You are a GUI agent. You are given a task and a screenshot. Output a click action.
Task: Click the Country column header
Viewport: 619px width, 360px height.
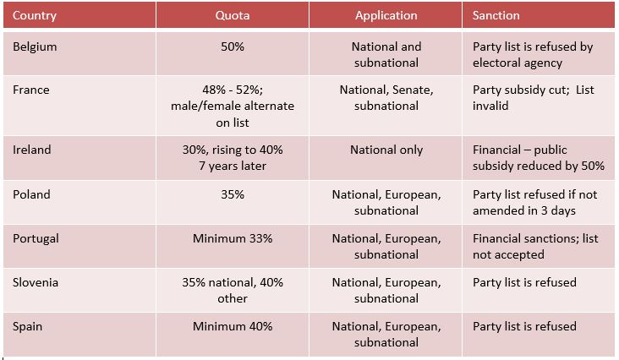(x=36, y=15)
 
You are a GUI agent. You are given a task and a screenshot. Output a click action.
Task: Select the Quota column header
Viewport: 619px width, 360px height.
(x=232, y=15)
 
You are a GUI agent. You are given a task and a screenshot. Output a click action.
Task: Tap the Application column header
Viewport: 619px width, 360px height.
(x=386, y=15)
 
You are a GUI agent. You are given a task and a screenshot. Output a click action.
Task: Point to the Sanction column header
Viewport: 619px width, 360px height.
(x=496, y=15)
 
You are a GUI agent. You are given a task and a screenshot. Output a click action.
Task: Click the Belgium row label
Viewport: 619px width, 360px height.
(x=33, y=46)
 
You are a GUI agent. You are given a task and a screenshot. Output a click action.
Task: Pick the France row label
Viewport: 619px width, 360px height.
(x=31, y=90)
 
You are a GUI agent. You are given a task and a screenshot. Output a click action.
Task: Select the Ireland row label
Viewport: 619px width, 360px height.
(x=32, y=150)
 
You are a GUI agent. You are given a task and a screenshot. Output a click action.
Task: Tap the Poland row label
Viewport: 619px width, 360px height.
(x=31, y=194)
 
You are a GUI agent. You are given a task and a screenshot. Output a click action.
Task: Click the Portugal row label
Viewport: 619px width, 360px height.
(x=36, y=238)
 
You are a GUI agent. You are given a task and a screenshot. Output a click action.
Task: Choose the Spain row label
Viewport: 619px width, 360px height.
(x=29, y=326)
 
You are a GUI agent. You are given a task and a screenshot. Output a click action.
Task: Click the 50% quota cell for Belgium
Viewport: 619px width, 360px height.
(x=232, y=46)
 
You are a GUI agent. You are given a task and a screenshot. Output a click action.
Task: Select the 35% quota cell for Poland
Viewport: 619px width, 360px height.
(x=232, y=194)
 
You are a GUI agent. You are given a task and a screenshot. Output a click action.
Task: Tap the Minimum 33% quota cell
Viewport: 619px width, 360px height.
(x=232, y=238)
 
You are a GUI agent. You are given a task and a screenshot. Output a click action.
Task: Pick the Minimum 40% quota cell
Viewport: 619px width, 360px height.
(x=232, y=326)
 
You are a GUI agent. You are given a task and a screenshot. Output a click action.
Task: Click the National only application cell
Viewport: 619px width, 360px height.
(x=386, y=150)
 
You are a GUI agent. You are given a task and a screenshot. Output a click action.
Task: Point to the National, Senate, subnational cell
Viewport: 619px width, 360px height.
(x=386, y=97)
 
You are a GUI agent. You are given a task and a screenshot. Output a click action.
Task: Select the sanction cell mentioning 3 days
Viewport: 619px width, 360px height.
(x=534, y=202)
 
